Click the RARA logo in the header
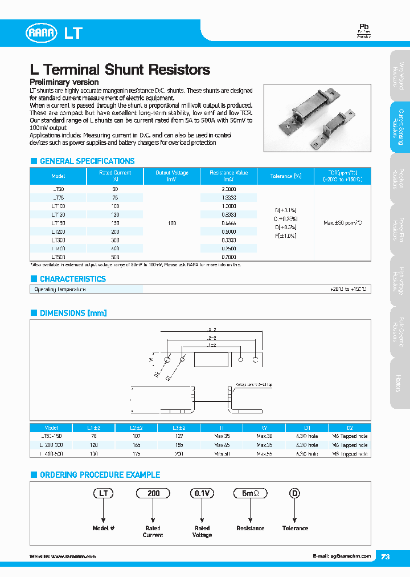[x=42, y=33]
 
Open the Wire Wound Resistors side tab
[x=400, y=75]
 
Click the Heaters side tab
[x=400, y=383]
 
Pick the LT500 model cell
[x=58, y=257]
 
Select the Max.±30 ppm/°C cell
[x=342, y=222]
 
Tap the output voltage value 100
[x=172, y=223]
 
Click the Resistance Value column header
[x=228, y=176]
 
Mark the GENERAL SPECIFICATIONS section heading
[x=87, y=161]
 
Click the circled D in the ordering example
[x=294, y=494]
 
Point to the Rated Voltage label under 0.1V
[x=202, y=531]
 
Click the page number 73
[x=386, y=557]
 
